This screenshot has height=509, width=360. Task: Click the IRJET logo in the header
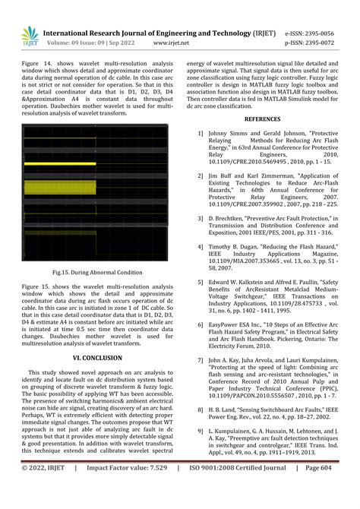(30, 35)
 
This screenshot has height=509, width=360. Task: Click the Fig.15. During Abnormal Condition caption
(97, 272)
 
